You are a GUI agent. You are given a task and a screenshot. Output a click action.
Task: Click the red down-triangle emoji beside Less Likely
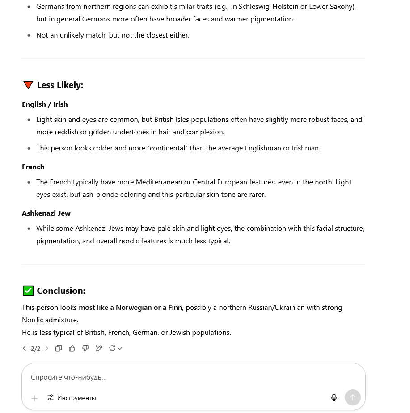point(28,85)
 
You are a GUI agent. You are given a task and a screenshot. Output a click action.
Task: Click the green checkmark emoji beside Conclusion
point(28,291)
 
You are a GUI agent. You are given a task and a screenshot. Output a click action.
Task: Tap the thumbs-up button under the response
point(72,348)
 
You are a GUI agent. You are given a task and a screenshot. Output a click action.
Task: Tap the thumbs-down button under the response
point(85,348)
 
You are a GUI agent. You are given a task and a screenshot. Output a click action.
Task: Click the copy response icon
point(59,348)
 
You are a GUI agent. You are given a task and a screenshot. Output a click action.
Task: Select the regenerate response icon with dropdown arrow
point(115,348)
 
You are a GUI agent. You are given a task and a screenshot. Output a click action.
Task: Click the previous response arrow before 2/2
point(25,348)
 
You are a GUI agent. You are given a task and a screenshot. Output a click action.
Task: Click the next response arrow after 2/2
point(46,348)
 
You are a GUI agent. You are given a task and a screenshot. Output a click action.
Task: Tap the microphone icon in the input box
point(334,398)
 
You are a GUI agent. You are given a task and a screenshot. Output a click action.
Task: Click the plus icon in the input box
point(34,398)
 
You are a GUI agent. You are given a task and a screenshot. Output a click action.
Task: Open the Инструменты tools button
point(72,398)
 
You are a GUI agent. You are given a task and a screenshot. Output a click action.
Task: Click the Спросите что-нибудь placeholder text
point(68,377)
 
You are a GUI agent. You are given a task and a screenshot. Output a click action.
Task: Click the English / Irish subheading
point(45,104)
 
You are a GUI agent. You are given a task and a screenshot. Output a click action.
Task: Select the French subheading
point(33,167)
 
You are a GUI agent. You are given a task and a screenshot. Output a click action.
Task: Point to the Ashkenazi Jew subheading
point(46,213)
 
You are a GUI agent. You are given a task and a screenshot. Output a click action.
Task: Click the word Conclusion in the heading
point(61,291)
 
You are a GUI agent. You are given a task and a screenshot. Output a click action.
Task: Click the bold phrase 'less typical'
point(57,332)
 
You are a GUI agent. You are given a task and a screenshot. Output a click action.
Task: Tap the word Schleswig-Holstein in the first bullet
point(268,7)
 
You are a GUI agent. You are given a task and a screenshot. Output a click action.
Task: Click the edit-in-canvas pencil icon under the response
point(99,348)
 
